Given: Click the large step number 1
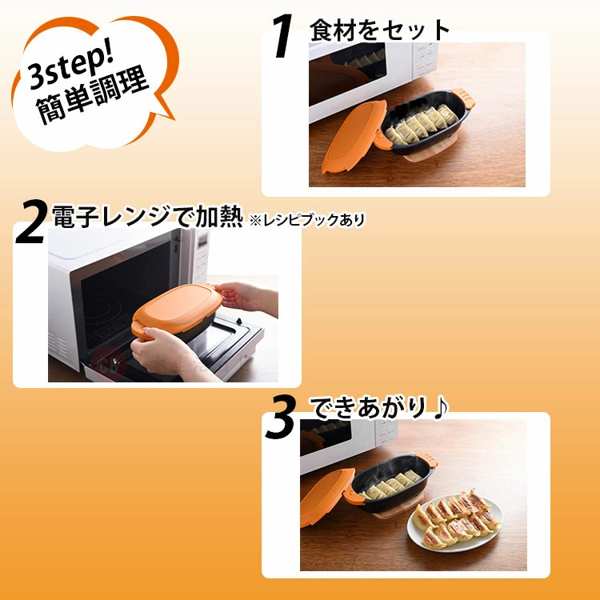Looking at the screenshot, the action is click(x=283, y=35).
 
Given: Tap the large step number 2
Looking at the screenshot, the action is click(x=31, y=221).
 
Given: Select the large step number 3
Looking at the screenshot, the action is click(x=281, y=417).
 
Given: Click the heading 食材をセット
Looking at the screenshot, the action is click(x=379, y=30).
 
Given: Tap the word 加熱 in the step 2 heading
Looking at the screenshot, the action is click(x=219, y=217).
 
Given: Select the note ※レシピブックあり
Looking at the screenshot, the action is click(x=307, y=220).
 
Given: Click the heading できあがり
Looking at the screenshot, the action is click(x=369, y=407).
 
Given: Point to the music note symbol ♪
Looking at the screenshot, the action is click(x=441, y=408).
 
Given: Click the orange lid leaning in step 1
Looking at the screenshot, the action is click(x=354, y=136).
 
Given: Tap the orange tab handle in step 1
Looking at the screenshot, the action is click(x=463, y=97).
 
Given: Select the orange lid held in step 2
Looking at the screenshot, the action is click(x=177, y=309).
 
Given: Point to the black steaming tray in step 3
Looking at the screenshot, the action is click(x=391, y=482).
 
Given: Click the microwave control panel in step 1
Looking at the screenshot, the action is click(x=424, y=62).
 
